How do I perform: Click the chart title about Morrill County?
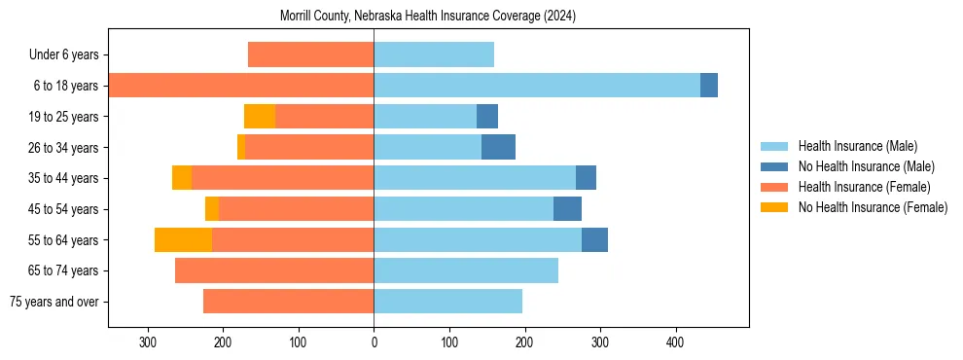pos(428,17)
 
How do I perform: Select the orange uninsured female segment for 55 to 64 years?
pos(183,239)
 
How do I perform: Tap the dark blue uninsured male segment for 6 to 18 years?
pos(709,86)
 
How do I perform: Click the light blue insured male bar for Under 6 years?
pos(434,55)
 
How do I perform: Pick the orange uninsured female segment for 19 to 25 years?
pos(260,117)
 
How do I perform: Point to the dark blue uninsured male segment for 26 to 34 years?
pos(498,147)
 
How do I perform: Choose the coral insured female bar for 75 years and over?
pos(288,302)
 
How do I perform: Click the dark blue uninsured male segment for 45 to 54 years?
pos(567,209)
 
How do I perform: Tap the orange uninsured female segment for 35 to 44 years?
pos(182,178)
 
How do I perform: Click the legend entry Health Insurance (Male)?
pos(857,146)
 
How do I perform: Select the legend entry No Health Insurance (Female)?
pos(873,207)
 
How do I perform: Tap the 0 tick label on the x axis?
pos(374,342)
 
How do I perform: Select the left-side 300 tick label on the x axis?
pos(148,342)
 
